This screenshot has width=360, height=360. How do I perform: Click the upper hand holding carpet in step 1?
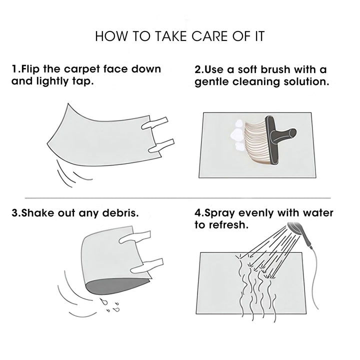click(154, 123)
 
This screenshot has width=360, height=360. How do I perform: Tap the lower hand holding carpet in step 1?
click(161, 146)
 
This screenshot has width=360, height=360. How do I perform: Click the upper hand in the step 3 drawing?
click(135, 237)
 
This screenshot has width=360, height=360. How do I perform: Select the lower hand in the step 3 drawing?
click(147, 266)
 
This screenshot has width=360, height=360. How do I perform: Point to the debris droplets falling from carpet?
click(110, 305)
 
